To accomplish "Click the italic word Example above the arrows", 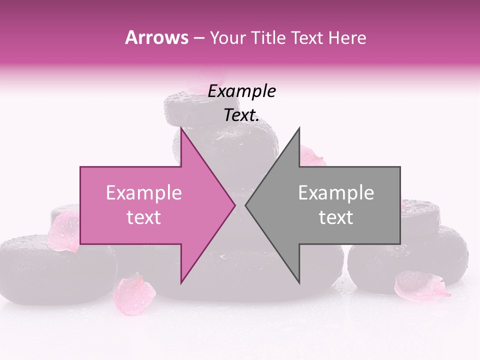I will pos(241,91).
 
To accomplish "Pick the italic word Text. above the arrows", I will pos(241,115).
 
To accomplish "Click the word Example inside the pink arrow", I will pos(143,193).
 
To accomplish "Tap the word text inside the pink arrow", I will pos(143,217).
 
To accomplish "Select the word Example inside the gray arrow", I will pos(336,193).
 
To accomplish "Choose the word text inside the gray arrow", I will pos(336,217).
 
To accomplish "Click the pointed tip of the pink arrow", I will pos(234,205).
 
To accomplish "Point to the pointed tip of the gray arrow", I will pos(246,205).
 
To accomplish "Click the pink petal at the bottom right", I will pos(420,286).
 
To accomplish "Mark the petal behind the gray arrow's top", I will pos(311,156).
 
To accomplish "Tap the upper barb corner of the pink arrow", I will pos(181,128).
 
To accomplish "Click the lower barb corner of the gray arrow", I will pos(299,283).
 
